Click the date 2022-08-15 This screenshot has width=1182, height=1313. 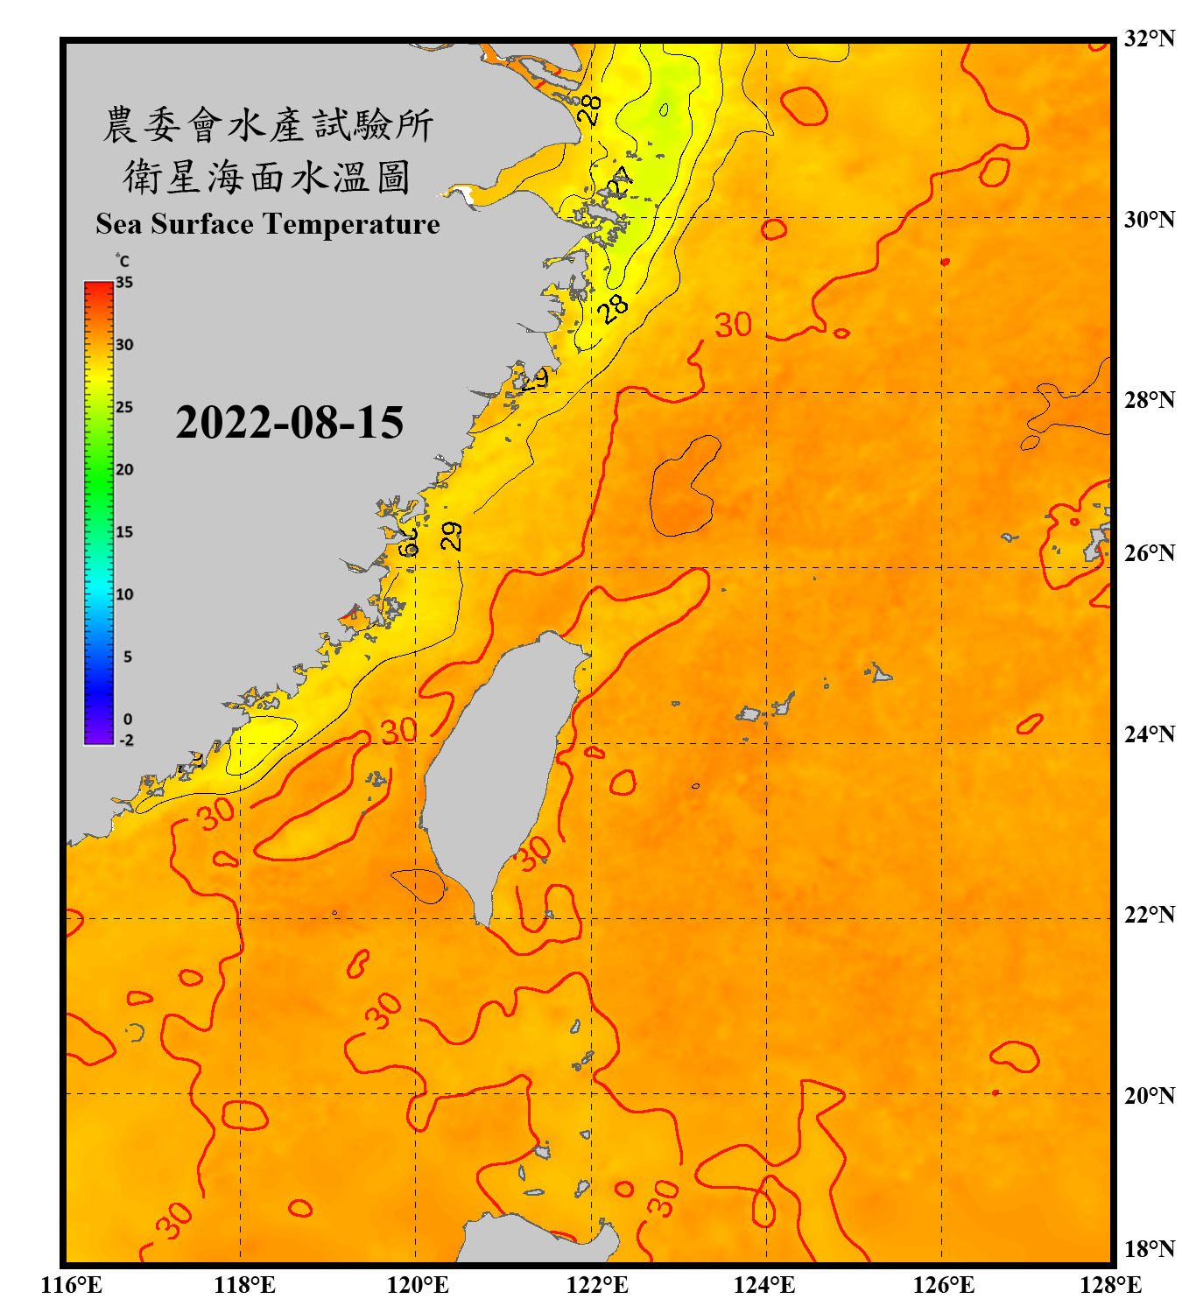289,423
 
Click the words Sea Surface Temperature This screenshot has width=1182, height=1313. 267,224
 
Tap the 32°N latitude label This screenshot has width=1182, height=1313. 1149,39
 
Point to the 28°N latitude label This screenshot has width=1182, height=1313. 1149,399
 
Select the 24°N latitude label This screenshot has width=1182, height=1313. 1149,734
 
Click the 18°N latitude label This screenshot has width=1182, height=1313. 1149,1248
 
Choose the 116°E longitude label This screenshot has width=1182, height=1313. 72,1285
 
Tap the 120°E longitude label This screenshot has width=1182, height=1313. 418,1285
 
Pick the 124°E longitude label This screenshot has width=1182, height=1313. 764,1285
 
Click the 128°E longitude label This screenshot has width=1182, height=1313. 1110,1285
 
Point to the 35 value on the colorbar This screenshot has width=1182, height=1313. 124,283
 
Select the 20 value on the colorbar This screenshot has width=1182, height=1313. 124,470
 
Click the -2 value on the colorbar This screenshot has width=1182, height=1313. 126,741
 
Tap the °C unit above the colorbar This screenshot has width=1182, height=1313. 123,261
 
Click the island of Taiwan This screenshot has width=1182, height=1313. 499,770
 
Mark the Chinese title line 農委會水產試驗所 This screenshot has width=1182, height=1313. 267,125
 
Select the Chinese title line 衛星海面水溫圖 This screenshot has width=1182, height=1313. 267,177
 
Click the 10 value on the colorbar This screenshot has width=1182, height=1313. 124,594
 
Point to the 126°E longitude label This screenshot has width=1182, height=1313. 944,1285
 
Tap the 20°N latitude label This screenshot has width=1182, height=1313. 1149,1095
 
